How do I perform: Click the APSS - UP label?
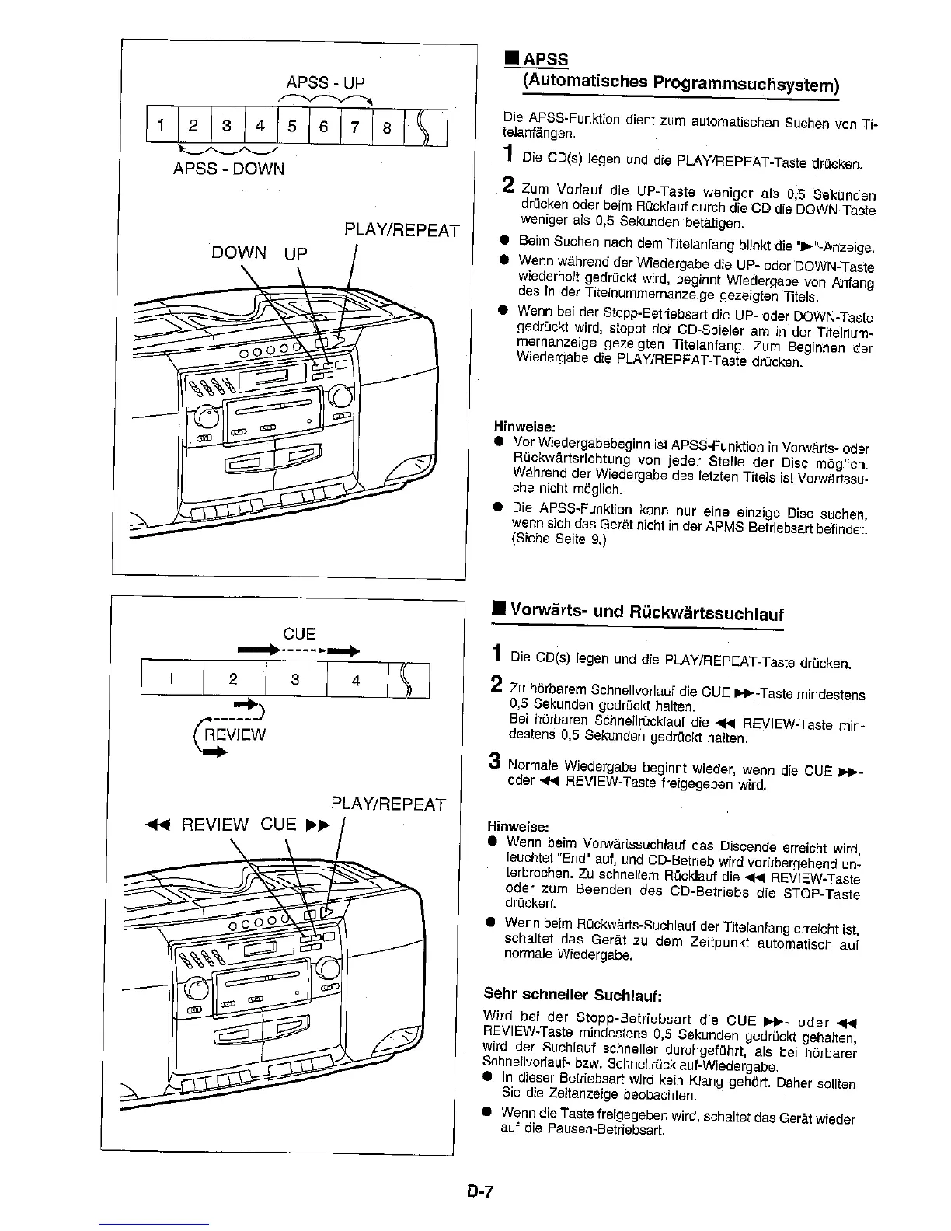(x=326, y=83)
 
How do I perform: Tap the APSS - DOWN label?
(x=228, y=169)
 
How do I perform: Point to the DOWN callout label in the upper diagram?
(x=239, y=253)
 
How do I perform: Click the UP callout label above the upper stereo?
(x=296, y=253)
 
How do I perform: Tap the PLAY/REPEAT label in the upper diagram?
(x=401, y=231)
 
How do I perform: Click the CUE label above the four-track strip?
(x=298, y=633)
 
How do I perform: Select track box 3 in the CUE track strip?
(x=295, y=680)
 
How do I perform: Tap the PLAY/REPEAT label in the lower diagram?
(x=388, y=804)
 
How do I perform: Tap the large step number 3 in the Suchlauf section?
(x=494, y=760)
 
